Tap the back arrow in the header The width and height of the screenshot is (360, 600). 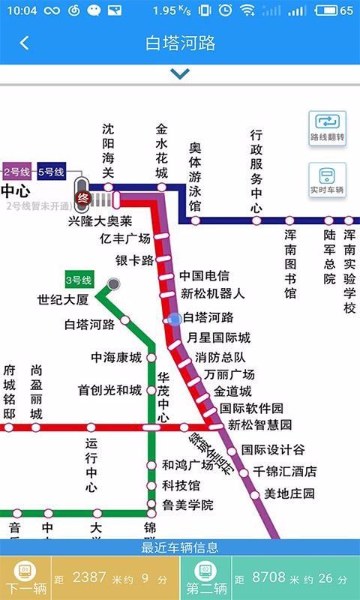click(x=24, y=43)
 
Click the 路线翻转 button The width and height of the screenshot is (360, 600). click(x=328, y=127)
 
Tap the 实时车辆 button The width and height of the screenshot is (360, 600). click(x=328, y=181)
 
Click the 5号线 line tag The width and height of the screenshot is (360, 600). click(x=51, y=172)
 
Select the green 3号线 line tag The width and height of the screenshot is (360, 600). click(x=79, y=280)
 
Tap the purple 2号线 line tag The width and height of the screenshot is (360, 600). click(x=16, y=172)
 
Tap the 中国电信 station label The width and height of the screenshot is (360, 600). click(x=204, y=276)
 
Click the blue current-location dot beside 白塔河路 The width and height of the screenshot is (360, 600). click(x=175, y=319)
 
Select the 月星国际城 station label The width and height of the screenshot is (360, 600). click(x=218, y=337)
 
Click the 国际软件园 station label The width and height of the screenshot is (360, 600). click(x=251, y=409)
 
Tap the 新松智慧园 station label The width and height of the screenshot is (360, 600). click(x=259, y=425)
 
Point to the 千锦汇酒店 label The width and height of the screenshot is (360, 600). click(x=284, y=472)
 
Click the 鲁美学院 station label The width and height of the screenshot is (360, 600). click(x=187, y=505)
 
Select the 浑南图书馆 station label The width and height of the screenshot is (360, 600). click(x=290, y=263)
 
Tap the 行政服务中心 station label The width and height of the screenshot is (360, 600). click(x=256, y=171)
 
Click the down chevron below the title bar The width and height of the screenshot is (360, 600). click(x=179, y=73)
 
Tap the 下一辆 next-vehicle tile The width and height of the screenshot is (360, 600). click(x=25, y=579)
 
